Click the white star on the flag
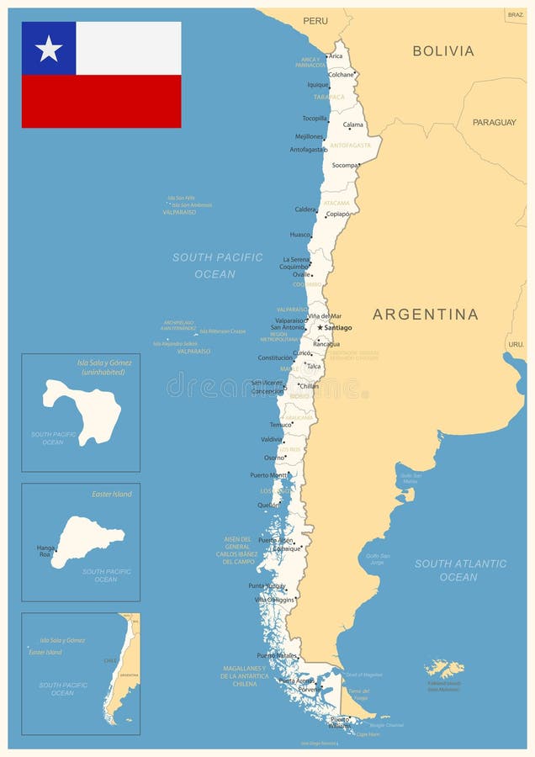[x=49, y=49]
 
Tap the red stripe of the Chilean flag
[x=101, y=101]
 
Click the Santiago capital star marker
[x=320, y=327]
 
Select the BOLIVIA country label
[x=442, y=51]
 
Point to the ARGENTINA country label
[x=425, y=315]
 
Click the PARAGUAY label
[x=494, y=122]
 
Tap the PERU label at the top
[x=315, y=20]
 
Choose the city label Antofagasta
[x=308, y=150]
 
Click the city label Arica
[x=336, y=56]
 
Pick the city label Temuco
[x=280, y=425]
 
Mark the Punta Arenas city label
[x=296, y=681]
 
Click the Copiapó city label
[x=338, y=214]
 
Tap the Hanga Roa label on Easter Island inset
[x=45, y=551]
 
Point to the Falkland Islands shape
[x=444, y=669]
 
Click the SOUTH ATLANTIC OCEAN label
[x=460, y=570]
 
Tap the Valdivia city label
[x=272, y=439]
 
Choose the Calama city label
[x=353, y=124]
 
